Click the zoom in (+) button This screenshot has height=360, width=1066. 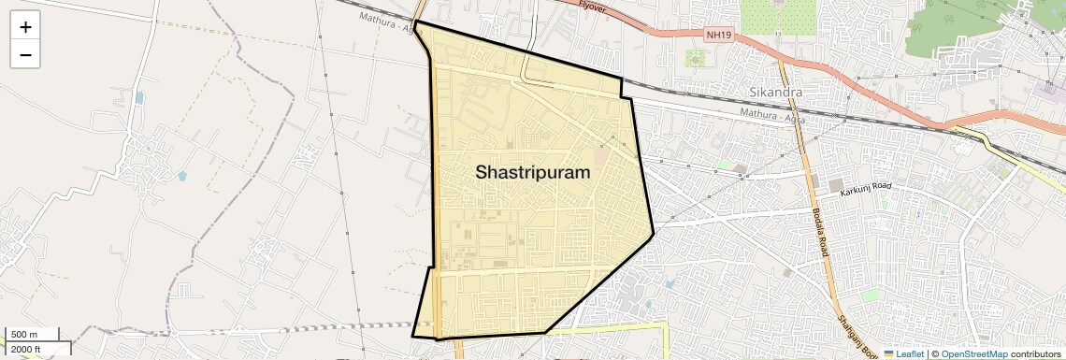[25, 27]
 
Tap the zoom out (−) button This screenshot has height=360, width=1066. [25, 55]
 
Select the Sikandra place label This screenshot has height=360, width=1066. [775, 93]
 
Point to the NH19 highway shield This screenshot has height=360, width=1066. [718, 35]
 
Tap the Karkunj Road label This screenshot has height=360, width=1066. [867, 191]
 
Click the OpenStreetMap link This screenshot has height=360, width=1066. [973, 353]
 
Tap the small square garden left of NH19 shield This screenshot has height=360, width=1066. [696, 58]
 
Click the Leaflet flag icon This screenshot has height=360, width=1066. [888, 353]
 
